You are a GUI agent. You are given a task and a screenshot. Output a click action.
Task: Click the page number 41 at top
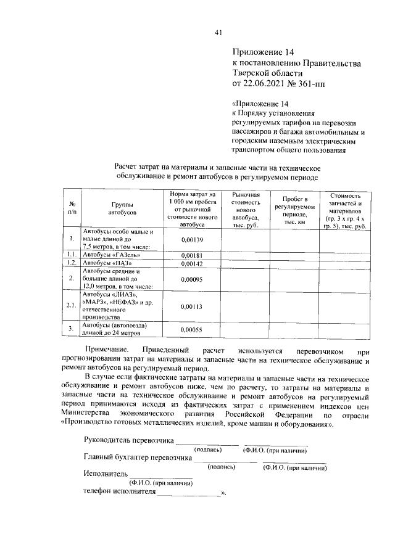[218, 33]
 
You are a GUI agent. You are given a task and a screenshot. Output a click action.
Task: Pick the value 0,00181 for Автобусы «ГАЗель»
[193, 255]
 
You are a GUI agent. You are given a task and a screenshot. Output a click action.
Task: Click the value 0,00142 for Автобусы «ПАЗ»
[193, 263]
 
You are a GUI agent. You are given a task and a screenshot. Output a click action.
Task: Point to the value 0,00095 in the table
[193, 278]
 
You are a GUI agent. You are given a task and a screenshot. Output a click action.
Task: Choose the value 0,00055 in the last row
[193, 329]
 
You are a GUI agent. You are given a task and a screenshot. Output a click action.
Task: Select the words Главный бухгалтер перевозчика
[136, 457]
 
